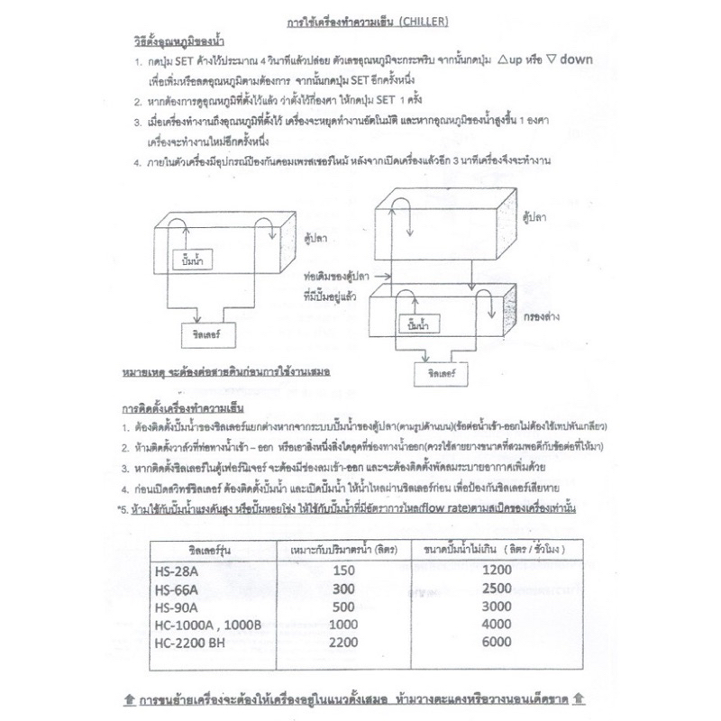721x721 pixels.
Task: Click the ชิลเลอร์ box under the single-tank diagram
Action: point(207,334)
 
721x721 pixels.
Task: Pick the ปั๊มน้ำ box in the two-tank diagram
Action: point(417,323)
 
